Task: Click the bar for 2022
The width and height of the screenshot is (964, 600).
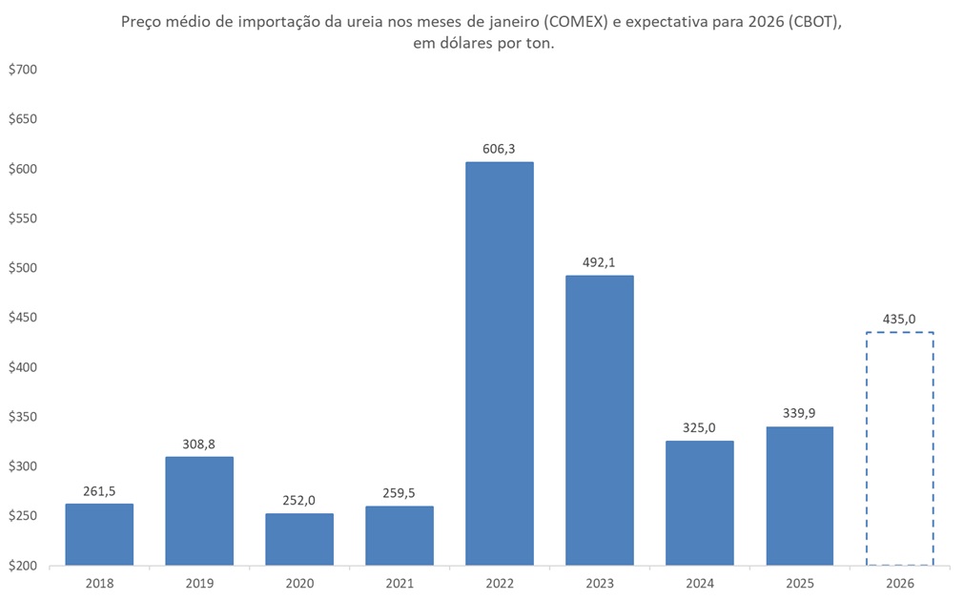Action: [499, 363]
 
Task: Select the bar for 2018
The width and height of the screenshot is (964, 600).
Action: [99, 534]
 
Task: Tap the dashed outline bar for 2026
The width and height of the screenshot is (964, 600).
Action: [899, 448]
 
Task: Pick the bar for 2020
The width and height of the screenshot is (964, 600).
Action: [299, 539]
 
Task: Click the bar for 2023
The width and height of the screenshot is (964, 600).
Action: [599, 420]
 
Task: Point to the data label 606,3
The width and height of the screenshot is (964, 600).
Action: [499, 150]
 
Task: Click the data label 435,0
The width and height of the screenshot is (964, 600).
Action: [899, 320]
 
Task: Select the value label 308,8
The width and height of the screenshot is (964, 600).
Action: [199, 445]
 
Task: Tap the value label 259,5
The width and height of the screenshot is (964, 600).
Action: [400, 494]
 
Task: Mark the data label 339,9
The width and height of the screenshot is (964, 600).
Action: [799, 414]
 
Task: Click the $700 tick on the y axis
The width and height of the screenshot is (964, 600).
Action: [22, 70]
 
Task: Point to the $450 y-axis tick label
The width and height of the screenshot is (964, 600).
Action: [22, 318]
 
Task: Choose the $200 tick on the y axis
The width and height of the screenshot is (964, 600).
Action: [22, 566]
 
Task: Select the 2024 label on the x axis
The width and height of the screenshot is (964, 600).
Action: [699, 581]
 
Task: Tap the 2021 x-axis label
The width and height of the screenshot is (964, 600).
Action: [400, 581]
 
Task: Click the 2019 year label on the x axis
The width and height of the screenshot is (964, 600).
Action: [199, 581]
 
